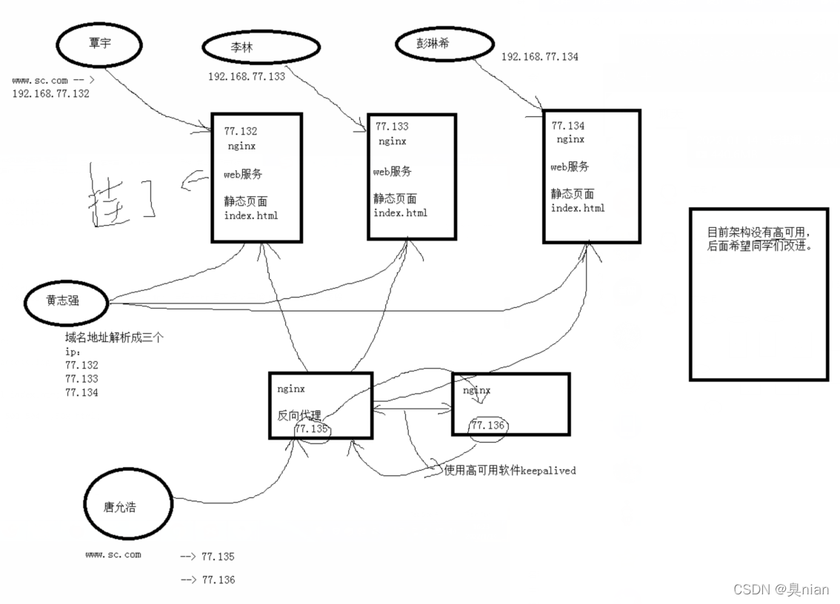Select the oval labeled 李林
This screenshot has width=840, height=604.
tap(261, 47)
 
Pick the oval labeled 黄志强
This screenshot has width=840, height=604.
tap(65, 301)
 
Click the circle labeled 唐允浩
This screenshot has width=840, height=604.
tap(127, 506)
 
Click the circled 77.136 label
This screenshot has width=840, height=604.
tap(487, 426)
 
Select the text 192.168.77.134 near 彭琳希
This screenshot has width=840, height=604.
tap(540, 56)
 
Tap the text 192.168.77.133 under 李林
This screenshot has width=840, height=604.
tap(246, 76)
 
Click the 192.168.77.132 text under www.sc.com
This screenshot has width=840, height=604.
tap(50, 94)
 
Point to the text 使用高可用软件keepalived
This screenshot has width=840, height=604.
tap(510, 470)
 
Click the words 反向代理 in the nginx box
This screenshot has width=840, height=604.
tap(299, 415)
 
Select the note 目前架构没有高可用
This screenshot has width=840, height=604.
tap(759, 231)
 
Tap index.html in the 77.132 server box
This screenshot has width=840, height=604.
tap(251, 215)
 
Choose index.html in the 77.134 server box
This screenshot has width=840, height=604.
tap(577, 208)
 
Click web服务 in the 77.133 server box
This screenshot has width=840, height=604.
tap(392, 172)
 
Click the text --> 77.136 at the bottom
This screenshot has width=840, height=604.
tap(207, 580)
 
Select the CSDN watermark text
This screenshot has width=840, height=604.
tap(781, 589)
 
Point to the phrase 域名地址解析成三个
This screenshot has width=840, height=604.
tap(114, 337)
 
